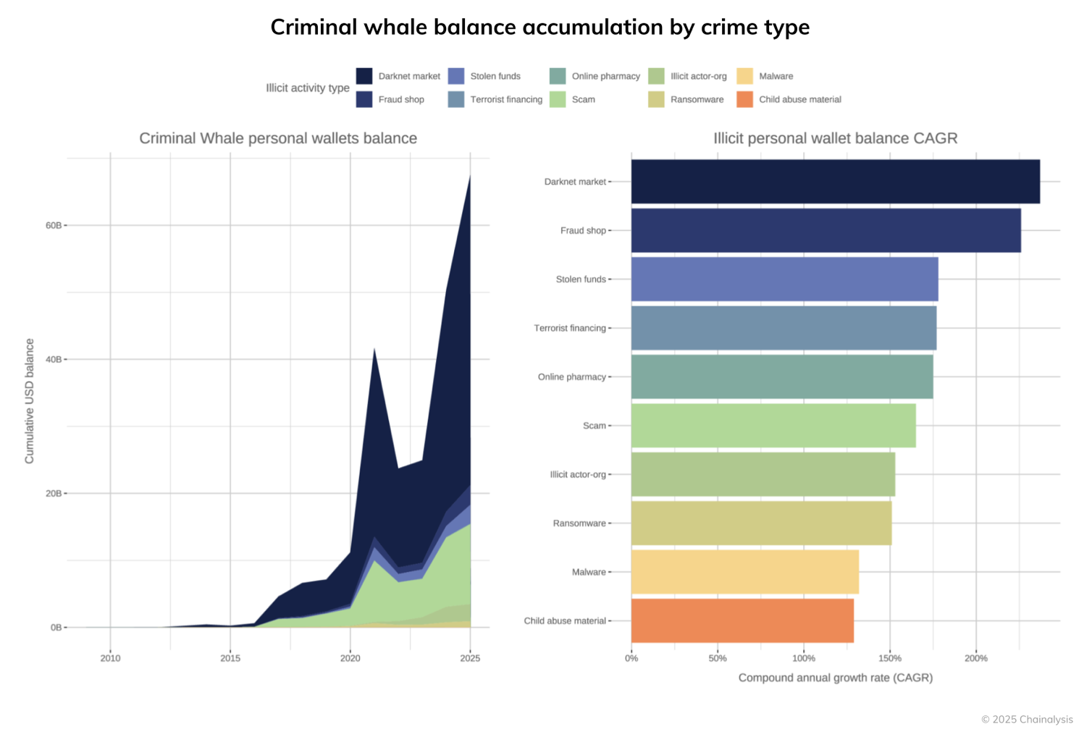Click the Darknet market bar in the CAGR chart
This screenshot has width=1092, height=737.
pyautogui.click(x=835, y=182)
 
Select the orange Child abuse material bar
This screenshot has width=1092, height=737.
pyautogui.click(x=742, y=620)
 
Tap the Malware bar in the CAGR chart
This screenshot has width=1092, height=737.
pyautogui.click(x=744, y=572)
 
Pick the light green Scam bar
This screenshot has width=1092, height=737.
pyautogui.click(x=773, y=426)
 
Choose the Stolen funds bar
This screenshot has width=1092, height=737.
pyautogui.click(x=784, y=279)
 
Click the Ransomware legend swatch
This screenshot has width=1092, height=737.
pyautogui.click(x=656, y=99)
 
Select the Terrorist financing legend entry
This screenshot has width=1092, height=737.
pyautogui.click(x=505, y=99)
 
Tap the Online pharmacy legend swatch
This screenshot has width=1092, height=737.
pyautogui.click(x=558, y=76)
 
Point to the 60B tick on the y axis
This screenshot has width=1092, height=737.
pyautogui.click(x=54, y=225)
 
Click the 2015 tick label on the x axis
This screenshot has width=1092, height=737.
pyautogui.click(x=230, y=658)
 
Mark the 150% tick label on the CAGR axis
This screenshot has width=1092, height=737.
pyautogui.click(x=889, y=658)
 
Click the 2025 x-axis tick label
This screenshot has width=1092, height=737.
pyautogui.click(x=470, y=658)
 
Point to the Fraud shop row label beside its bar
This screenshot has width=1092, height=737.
pyautogui.click(x=582, y=230)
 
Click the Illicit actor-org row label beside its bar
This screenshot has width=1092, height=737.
pyautogui.click(x=577, y=474)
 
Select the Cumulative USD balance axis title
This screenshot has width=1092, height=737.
pyautogui.click(x=30, y=401)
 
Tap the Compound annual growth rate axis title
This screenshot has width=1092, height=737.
pyautogui.click(x=835, y=678)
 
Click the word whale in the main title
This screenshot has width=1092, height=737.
pyautogui.click(x=392, y=27)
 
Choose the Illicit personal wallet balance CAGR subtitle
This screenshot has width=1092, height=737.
pyautogui.click(x=835, y=138)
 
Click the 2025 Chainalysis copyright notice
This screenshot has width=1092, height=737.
pyautogui.click(x=1026, y=719)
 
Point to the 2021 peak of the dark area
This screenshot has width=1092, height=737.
pyautogui.click(x=374, y=349)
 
